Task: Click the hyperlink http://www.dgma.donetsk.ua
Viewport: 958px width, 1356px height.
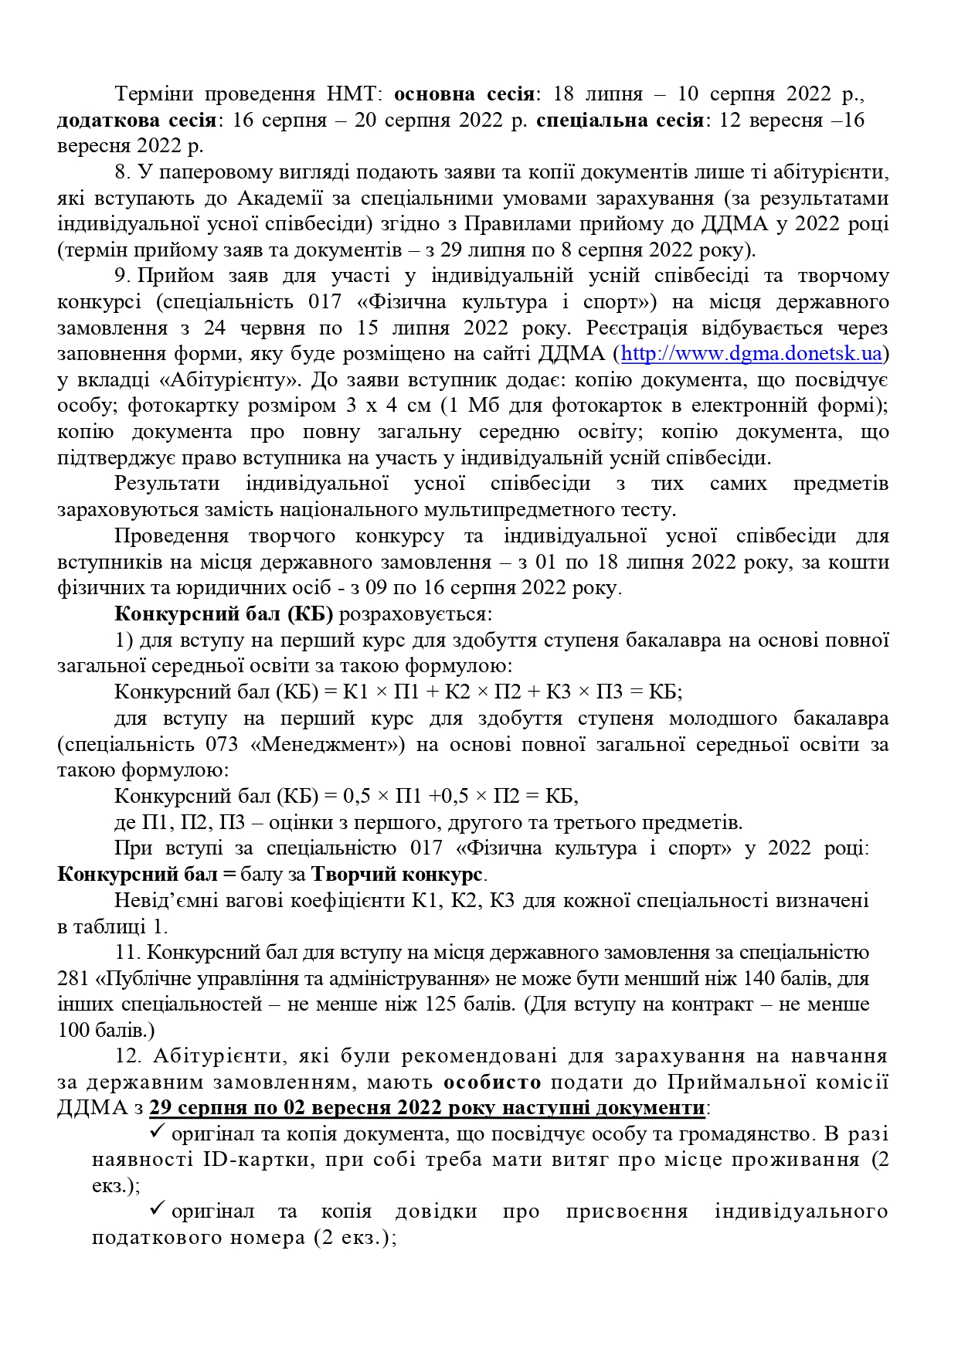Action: tap(751, 354)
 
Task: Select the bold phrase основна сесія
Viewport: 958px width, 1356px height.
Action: tap(464, 94)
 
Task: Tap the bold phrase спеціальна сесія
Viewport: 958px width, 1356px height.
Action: tap(620, 121)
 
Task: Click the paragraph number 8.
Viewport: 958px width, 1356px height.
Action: tap(120, 172)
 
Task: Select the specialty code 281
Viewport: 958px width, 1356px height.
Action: tap(73, 979)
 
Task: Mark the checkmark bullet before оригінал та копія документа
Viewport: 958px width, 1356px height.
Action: tap(158, 1132)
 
